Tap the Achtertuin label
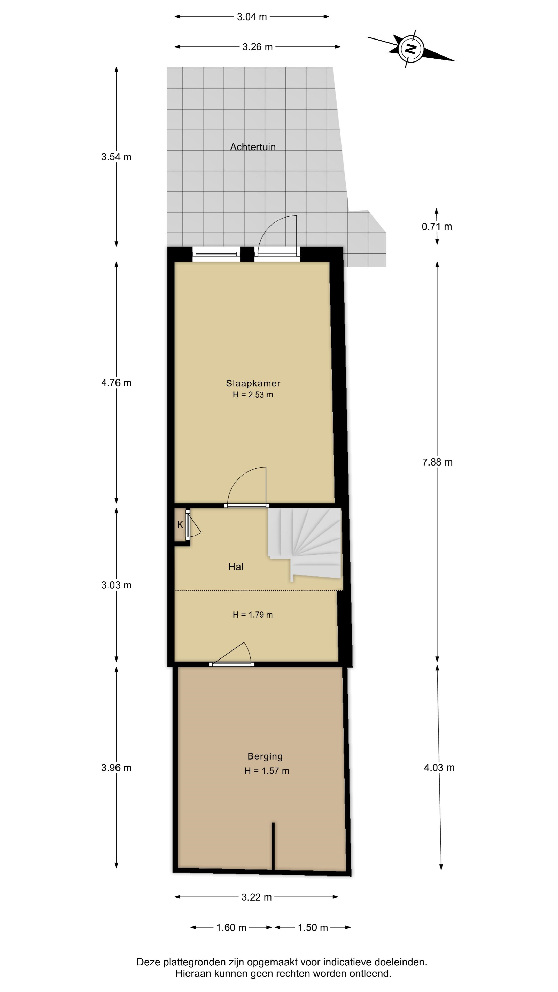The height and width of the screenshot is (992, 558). (253, 147)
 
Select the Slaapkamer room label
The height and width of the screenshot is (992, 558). (253, 383)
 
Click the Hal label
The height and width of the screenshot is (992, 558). (236, 567)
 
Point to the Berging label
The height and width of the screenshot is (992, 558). (265, 756)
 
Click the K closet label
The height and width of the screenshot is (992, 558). (180, 524)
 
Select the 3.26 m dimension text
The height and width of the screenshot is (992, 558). (257, 47)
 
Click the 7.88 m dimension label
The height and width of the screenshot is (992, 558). (437, 462)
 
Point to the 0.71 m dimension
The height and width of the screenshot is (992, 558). (437, 227)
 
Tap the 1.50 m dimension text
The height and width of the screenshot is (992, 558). (313, 927)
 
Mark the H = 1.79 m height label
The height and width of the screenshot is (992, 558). (253, 615)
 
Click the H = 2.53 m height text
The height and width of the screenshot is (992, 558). (253, 394)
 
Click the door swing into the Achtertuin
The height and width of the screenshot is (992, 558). (277, 235)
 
